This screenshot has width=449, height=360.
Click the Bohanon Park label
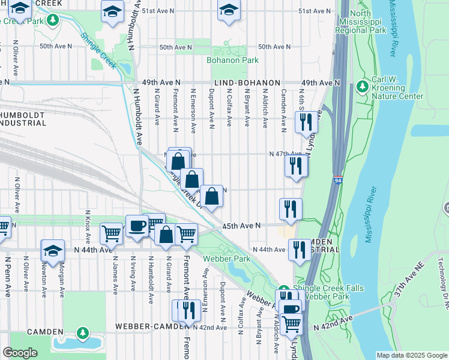[232, 61]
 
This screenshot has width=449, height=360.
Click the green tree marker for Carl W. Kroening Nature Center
[362, 87]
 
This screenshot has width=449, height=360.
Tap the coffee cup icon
[136, 226]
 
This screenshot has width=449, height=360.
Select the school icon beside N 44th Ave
[53, 251]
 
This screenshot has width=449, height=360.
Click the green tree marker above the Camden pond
[82, 332]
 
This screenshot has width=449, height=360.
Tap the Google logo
[19, 353]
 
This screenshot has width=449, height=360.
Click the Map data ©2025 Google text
[411, 355]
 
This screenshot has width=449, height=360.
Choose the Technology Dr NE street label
[440, 282]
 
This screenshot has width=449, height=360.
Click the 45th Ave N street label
[241, 226]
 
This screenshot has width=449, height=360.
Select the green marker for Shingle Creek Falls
[286, 289]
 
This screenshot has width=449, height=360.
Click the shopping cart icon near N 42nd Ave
[292, 324]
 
